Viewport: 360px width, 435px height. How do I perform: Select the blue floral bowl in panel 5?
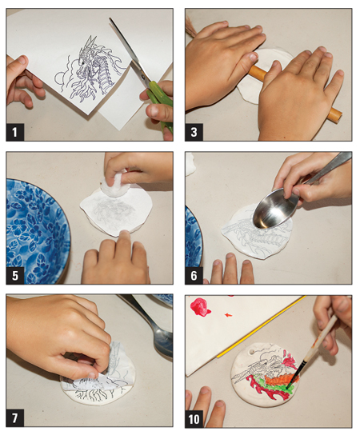(x=36, y=228)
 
